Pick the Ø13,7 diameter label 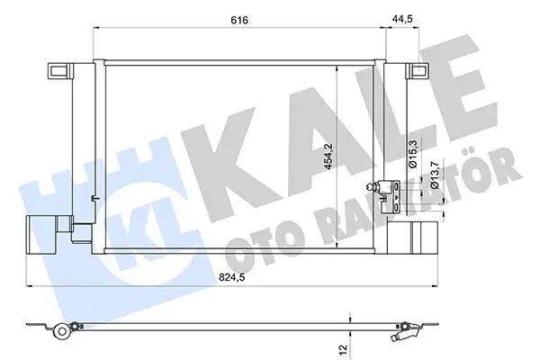coord(434,172)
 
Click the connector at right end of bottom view coord(403,335)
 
